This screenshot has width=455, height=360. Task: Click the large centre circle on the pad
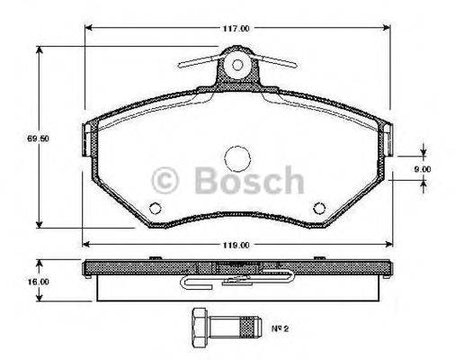[238, 158]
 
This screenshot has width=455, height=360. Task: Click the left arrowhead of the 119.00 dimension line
[85, 243]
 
